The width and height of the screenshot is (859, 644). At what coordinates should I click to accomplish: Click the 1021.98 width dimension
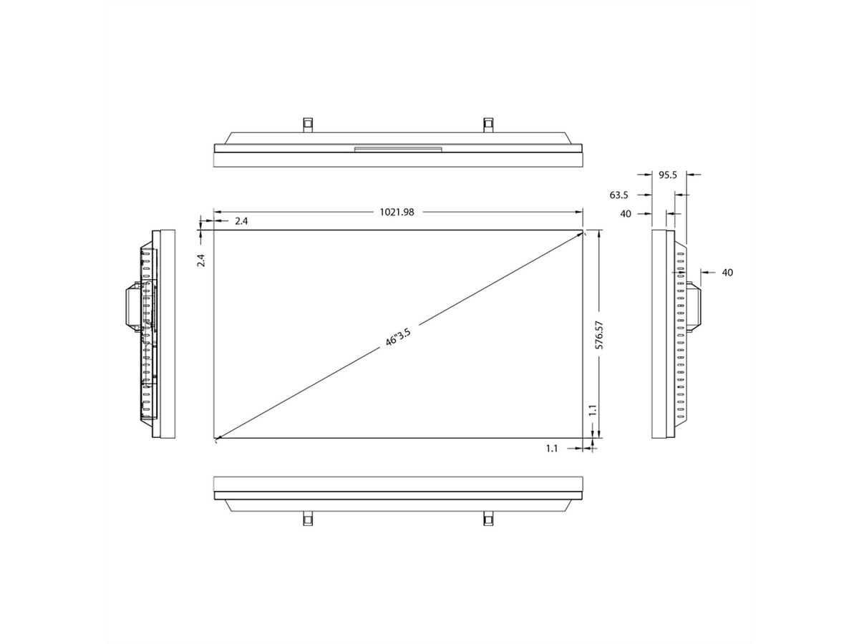coord(399,212)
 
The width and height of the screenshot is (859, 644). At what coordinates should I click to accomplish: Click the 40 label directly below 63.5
coord(626,213)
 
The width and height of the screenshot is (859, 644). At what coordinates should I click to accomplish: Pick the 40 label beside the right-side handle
coord(727,272)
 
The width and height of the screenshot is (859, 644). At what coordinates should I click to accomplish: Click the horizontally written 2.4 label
coord(241,221)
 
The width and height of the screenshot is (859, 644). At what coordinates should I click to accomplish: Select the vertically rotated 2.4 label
coord(202,260)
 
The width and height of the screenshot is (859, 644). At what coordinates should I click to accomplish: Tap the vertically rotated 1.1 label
coord(592,410)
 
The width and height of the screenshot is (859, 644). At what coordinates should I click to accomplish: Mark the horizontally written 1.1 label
coord(552,448)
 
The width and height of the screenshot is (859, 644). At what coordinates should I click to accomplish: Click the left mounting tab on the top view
coord(306,124)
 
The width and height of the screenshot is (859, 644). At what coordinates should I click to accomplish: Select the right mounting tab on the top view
coord(488,124)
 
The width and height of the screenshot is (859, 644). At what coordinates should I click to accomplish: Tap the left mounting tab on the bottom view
coord(306,518)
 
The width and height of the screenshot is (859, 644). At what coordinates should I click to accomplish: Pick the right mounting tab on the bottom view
coord(488,518)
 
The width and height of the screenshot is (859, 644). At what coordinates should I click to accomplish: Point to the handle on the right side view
coord(693,306)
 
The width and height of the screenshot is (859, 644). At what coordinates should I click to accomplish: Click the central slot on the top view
coord(398,149)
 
